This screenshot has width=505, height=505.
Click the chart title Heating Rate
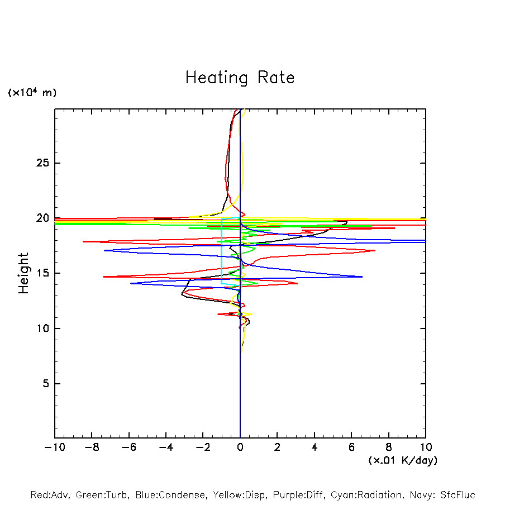click(240, 78)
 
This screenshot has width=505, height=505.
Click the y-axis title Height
click(23, 273)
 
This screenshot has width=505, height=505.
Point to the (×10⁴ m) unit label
click(32, 93)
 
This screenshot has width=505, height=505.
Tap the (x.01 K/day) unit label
click(402, 460)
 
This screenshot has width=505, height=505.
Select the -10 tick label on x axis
click(54, 447)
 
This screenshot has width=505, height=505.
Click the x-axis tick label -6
click(128, 447)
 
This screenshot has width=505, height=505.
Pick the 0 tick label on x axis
click(240, 447)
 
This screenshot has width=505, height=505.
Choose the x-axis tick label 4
click(315, 447)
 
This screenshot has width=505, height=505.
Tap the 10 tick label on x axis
click(425, 447)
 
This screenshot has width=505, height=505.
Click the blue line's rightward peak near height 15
click(362, 277)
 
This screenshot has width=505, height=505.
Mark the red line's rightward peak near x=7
click(375, 250)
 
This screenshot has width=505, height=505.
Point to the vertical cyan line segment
click(222, 251)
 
